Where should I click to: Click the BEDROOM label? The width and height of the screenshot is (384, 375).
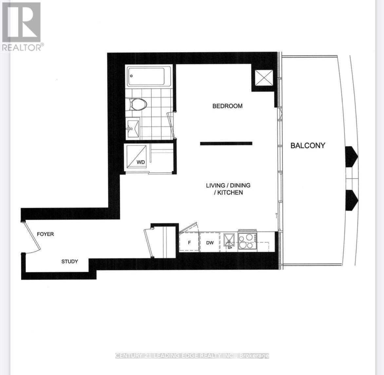[x=227, y=106]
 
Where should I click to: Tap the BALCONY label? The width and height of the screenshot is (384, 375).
[x=308, y=145]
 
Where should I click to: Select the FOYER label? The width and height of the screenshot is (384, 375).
[x=45, y=234]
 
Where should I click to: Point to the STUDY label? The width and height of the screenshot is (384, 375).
[x=69, y=261]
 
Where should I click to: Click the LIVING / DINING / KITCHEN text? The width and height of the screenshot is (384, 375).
[x=228, y=189]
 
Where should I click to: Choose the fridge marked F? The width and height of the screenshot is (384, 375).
[x=189, y=242]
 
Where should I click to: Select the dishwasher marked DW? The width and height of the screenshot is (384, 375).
[x=210, y=242]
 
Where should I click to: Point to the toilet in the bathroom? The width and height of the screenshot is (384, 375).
[x=137, y=104]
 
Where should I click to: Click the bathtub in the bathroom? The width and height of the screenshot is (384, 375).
[x=146, y=77]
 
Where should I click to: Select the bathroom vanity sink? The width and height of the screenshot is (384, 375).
[x=133, y=128]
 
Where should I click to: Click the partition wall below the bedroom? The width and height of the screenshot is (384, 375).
[x=226, y=143]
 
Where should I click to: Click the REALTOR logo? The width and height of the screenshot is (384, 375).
[x=22, y=26]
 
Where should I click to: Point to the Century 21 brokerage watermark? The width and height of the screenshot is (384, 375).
[x=192, y=356]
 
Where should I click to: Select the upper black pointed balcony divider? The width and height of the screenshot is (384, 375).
[x=351, y=156]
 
